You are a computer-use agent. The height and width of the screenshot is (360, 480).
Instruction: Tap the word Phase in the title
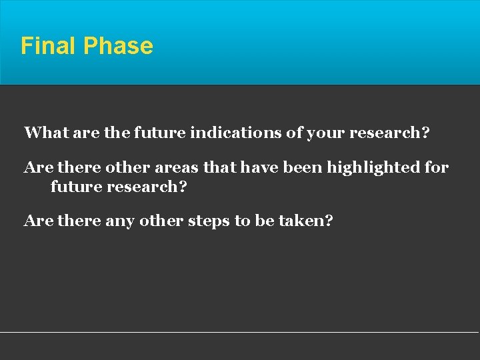(118, 46)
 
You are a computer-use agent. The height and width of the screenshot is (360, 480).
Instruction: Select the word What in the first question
(44, 133)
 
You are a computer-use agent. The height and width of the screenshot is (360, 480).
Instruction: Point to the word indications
(237, 133)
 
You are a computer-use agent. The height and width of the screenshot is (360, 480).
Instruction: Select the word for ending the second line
(437, 167)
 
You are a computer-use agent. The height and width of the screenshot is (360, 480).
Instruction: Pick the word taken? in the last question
(303, 221)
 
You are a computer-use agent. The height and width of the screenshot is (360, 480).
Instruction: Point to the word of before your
(294, 133)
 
